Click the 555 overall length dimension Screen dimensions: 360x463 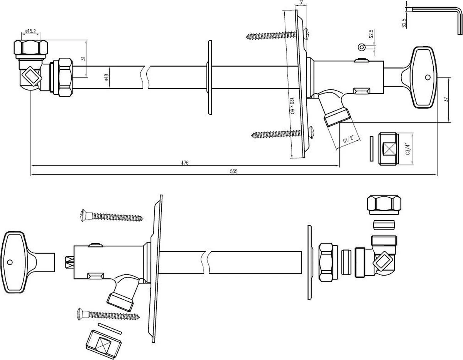click(x=233, y=172)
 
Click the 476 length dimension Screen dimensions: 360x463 click(x=185, y=163)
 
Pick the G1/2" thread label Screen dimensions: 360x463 click(x=348, y=141)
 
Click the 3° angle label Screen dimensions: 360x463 click(x=301, y=3)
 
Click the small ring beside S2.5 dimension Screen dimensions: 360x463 click(x=362, y=47)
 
